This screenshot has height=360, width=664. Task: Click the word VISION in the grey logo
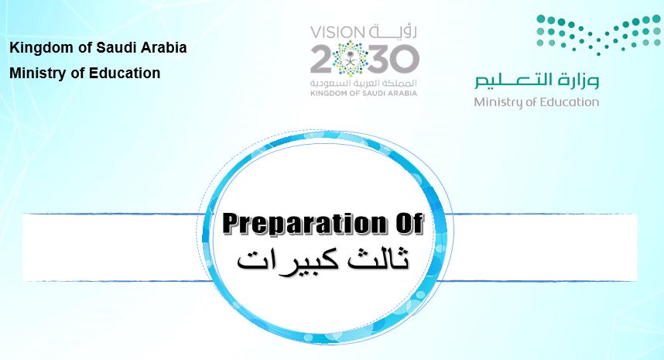[337, 32]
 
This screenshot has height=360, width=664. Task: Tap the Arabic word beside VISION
[392, 31]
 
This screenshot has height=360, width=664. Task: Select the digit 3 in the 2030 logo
[378, 59]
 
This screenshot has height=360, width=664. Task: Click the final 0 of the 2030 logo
[406, 59]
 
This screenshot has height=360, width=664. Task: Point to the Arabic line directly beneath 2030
[364, 83]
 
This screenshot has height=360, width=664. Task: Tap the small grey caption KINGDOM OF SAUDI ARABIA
[364, 93]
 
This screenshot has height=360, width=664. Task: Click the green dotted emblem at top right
[598, 35]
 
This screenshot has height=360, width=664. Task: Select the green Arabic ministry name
[536, 81]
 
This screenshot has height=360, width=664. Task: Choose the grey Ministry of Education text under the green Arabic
[536, 102]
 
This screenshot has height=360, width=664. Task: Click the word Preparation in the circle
[302, 224]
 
